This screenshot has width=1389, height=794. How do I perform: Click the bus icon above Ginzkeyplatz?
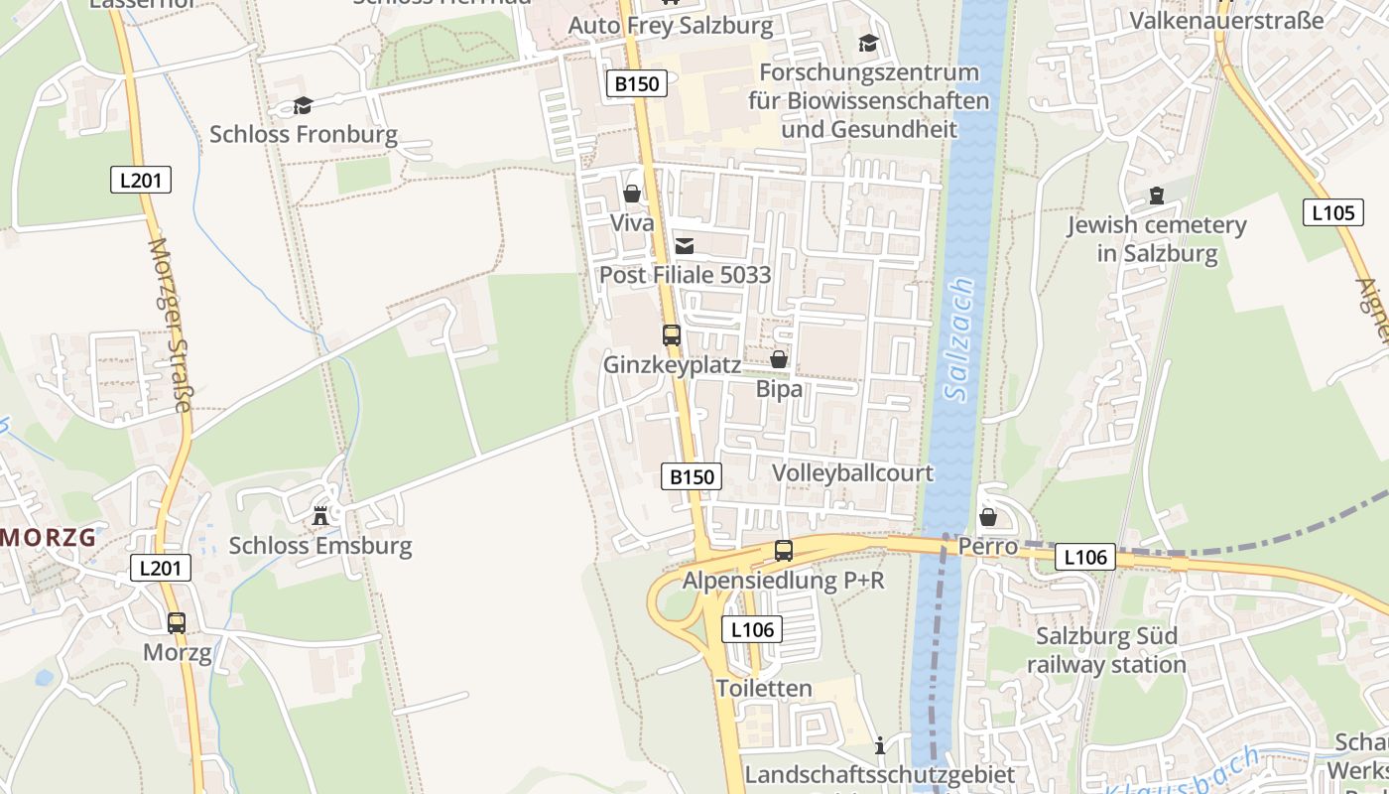pyautogui.click(x=672, y=335)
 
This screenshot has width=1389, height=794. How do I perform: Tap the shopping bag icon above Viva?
pyautogui.click(x=632, y=194)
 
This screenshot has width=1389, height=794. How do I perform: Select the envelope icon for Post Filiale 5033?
pyautogui.click(x=685, y=246)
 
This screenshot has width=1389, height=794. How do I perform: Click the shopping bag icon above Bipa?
pyautogui.click(x=779, y=359)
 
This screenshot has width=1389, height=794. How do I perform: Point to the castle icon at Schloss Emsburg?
pyautogui.click(x=320, y=516)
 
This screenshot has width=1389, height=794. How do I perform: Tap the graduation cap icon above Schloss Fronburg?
pyautogui.click(x=303, y=105)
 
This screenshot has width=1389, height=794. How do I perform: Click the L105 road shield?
pyautogui.click(x=1331, y=211)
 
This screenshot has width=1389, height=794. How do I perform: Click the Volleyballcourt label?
pyautogui.click(x=852, y=472)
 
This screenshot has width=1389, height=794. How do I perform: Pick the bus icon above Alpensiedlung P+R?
pyautogui.click(x=784, y=550)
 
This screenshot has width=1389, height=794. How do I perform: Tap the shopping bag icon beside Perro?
pyautogui.click(x=988, y=517)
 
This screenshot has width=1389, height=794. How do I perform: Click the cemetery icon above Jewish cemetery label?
pyautogui.click(x=1157, y=196)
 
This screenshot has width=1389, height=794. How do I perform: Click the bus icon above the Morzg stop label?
pyautogui.click(x=177, y=623)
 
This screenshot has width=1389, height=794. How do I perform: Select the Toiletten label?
pyautogui.click(x=764, y=688)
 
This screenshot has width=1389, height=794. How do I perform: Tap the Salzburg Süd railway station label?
pyautogui.click(x=1106, y=650)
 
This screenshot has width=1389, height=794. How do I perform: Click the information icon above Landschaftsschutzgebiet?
pyautogui.click(x=880, y=744)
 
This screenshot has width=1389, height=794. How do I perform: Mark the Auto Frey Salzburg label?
pyautogui.click(x=670, y=25)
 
